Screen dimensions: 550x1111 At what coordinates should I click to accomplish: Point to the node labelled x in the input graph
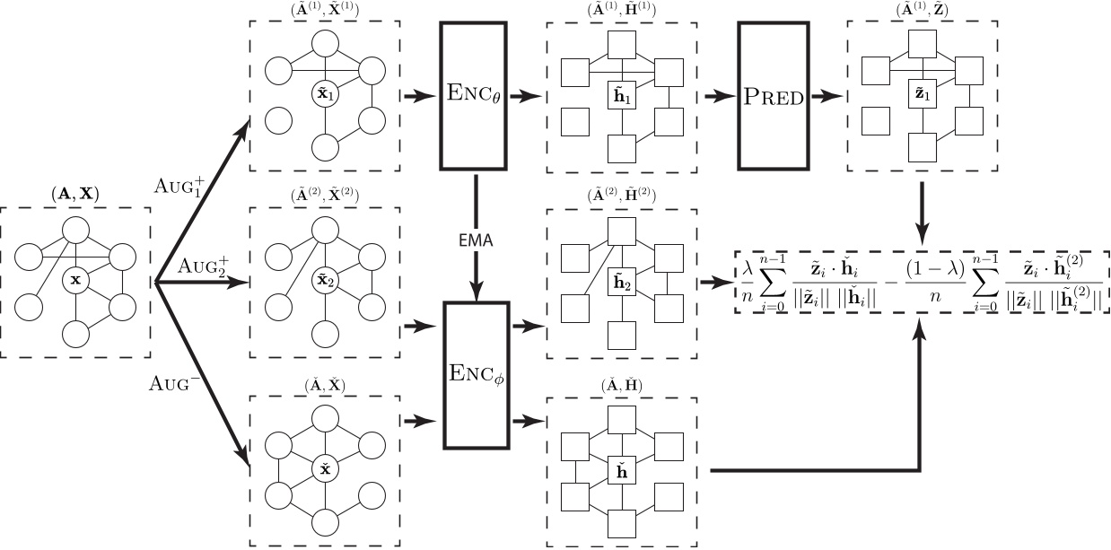[x=75, y=281]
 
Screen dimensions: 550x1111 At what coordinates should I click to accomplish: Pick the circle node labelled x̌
[x=325, y=468]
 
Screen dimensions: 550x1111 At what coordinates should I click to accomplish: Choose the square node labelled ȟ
[x=620, y=467]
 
